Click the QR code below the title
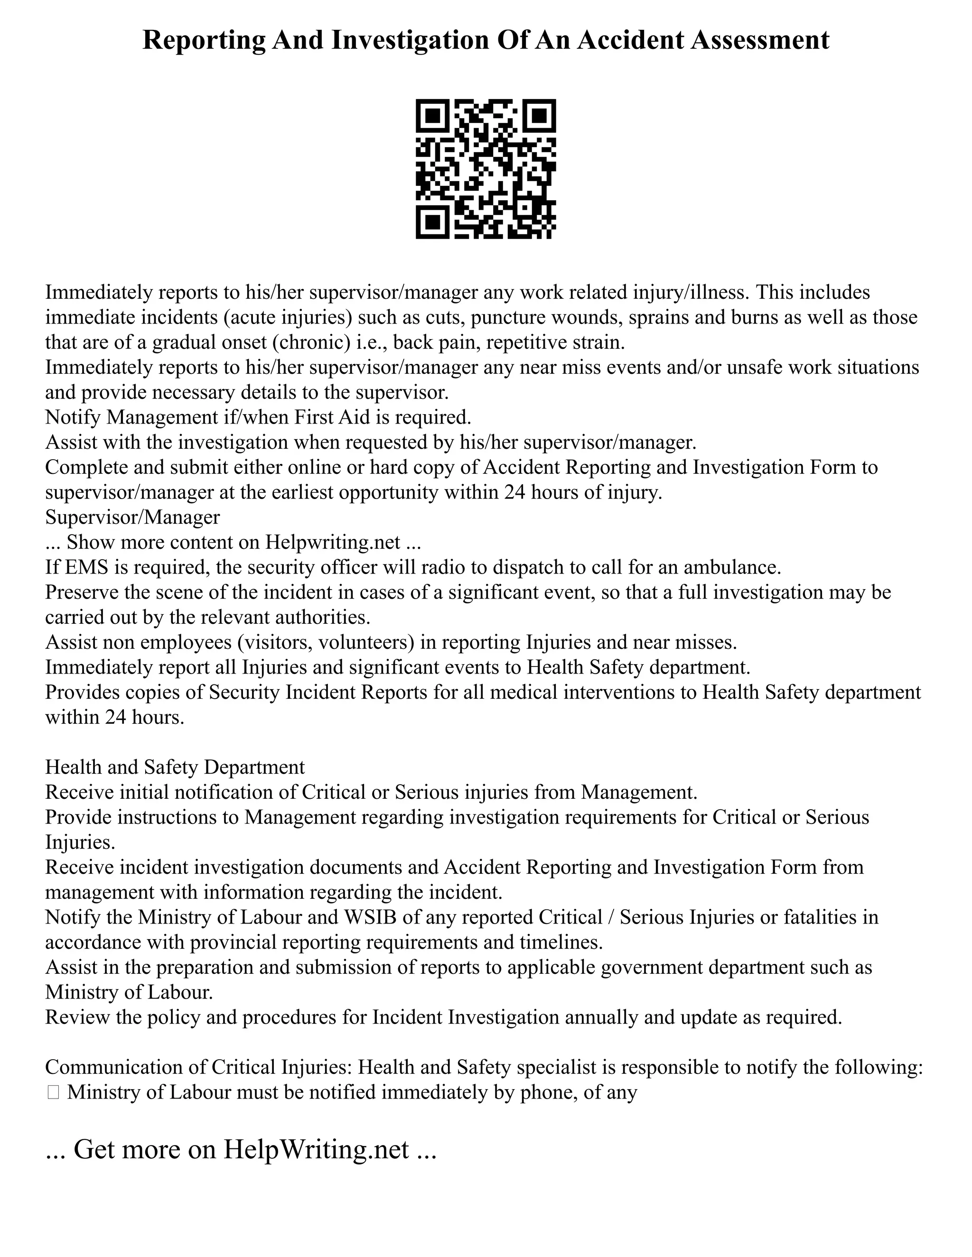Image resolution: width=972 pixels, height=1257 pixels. click(486, 169)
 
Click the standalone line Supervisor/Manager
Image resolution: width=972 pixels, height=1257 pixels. click(132, 517)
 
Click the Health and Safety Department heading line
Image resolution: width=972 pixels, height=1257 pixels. click(175, 767)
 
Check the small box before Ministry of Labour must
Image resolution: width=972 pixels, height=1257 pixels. click(53, 1092)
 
